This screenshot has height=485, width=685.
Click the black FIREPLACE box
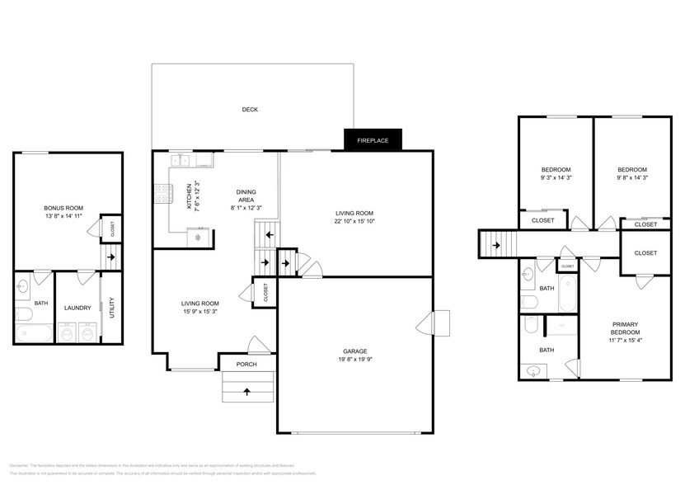tap(372, 141)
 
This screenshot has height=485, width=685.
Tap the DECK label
tap(250, 110)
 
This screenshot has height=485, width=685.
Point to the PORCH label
tap(246, 364)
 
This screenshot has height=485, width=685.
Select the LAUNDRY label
tap(77, 308)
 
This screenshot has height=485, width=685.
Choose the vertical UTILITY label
tap(111, 308)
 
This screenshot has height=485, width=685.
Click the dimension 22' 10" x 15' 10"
tap(354, 220)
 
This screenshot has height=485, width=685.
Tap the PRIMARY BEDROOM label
tap(625, 328)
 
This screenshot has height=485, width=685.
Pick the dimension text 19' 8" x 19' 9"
tap(354, 359)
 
